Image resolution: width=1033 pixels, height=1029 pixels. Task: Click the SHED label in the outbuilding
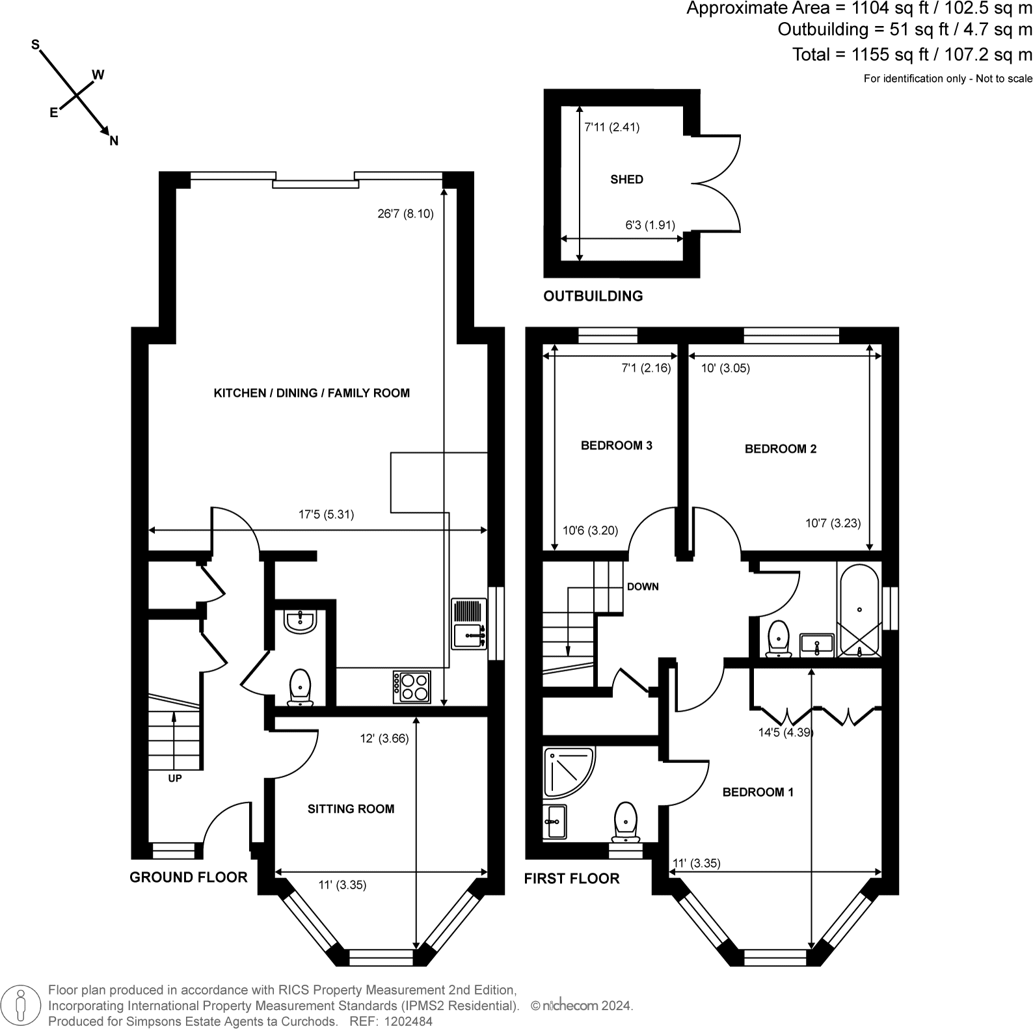pos(626,180)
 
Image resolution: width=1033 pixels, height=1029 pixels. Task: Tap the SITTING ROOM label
pos(351,809)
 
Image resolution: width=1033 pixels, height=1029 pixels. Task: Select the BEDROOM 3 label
pos(616,446)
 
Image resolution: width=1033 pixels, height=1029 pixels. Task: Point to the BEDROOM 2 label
pos(780,449)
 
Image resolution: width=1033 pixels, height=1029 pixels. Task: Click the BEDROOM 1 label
pos(758,792)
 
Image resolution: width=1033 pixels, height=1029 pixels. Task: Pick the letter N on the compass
pos(114,140)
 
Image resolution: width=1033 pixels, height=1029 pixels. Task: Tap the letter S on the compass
pos(36,44)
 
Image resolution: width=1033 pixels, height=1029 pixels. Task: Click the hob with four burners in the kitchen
pos(411,687)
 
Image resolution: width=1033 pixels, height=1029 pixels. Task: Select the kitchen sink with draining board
pos(468,624)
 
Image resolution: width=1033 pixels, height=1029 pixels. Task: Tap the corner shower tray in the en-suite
pos(569,772)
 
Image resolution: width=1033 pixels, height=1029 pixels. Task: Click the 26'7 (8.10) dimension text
pos(405,213)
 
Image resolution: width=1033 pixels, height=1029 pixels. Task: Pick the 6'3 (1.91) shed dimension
pos(650,225)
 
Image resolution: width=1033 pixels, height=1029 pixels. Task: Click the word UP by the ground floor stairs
pos(174,778)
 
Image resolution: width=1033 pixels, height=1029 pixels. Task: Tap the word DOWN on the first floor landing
pos(643,587)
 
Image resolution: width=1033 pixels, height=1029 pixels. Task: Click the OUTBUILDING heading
pos(593,296)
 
